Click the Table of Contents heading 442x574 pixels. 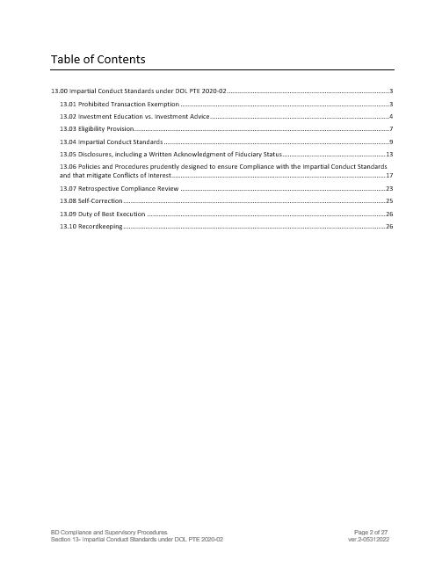[98, 59]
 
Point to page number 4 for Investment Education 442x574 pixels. [390, 116]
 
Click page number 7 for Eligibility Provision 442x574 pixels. [390, 128]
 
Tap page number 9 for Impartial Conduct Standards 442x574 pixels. [390, 141]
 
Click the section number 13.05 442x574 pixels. [67, 153]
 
